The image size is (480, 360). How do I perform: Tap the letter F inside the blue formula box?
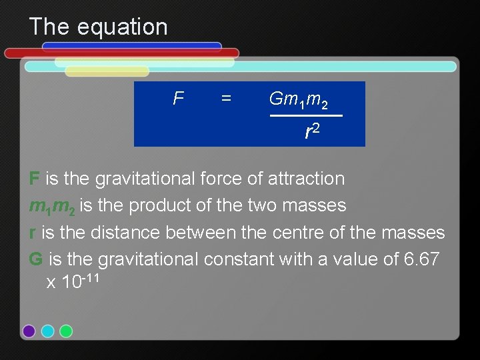tap(177, 99)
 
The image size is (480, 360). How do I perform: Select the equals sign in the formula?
tap(226, 99)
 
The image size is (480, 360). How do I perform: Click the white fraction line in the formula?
tap(306, 116)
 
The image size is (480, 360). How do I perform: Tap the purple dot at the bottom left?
tap(29, 331)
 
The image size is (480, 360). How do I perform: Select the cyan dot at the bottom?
tap(47, 331)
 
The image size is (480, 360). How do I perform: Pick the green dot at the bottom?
tap(66, 331)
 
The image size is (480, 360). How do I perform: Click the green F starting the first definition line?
tap(34, 179)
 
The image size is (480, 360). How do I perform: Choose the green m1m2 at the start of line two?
tap(46, 206)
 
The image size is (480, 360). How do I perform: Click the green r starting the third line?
tap(32, 232)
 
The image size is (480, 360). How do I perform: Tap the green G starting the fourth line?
tap(36, 259)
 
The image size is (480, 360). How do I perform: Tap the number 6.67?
tap(422, 259)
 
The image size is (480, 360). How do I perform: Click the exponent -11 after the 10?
tap(91, 277)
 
